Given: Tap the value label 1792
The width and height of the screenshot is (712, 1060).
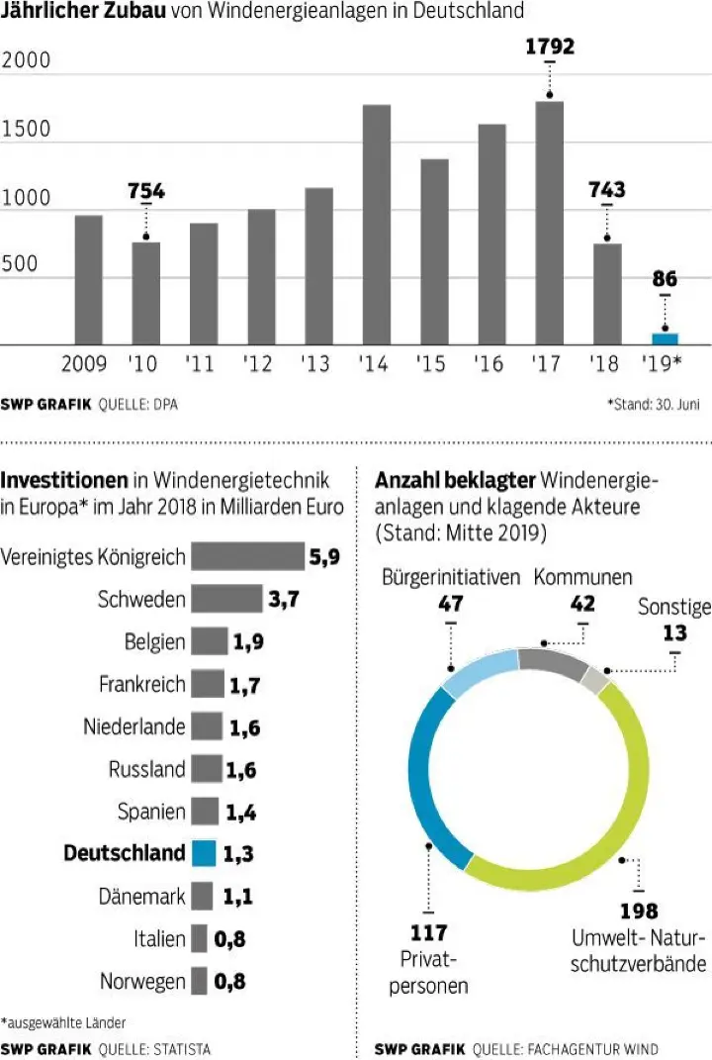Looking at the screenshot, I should [549, 47].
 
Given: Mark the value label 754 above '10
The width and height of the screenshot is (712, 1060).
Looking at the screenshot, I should [146, 191].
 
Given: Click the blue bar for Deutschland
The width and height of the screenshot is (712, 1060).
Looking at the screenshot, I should [204, 853].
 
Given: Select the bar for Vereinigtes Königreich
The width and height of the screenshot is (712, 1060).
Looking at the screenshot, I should [247, 556].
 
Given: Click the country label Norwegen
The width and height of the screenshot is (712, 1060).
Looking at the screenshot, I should [142, 982].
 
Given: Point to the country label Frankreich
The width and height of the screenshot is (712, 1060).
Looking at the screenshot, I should [141, 683].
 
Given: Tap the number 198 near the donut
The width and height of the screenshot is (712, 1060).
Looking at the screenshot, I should [639, 911].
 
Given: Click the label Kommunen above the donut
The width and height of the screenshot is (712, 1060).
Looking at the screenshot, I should [583, 577].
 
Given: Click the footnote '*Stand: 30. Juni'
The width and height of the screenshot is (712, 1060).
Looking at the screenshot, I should [654, 405].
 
